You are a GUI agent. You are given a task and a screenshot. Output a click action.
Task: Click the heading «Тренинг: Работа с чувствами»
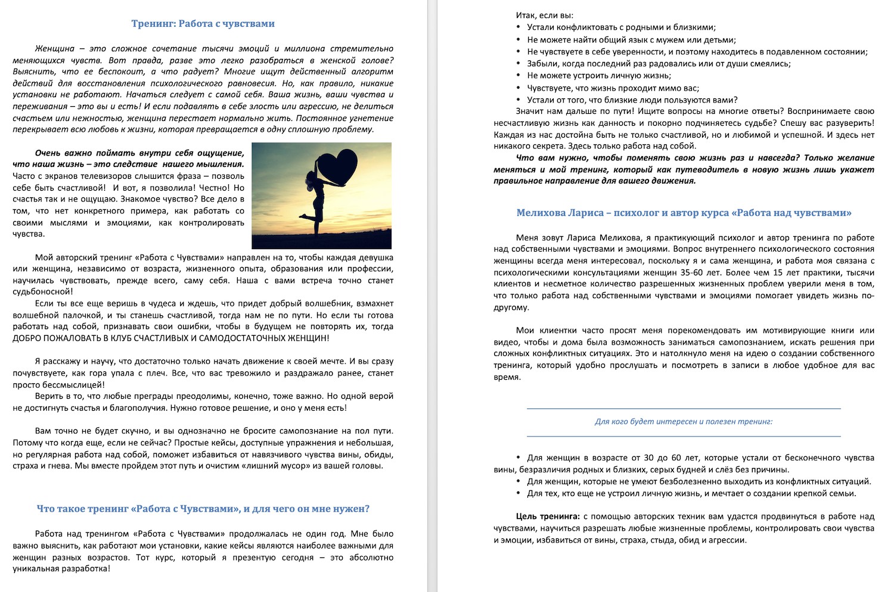pyautogui.click(x=203, y=24)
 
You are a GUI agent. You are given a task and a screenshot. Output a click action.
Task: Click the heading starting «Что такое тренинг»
pyautogui.click(x=203, y=509)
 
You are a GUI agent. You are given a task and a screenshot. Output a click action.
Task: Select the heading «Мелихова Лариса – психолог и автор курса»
pyautogui.click(x=684, y=213)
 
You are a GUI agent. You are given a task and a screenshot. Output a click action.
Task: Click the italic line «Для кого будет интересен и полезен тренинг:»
pyautogui.click(x=683, y=421)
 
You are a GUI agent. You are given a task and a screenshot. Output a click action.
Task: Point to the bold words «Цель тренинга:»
pyautogui.click(x=548, y=517)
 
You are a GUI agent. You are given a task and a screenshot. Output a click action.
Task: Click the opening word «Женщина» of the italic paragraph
pyautogui.click(x=54, y=49)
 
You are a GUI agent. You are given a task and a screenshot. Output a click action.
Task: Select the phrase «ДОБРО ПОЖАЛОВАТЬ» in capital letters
pyautogui.click(x=54, y=339)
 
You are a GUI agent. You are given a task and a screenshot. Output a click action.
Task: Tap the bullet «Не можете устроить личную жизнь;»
pyautogui.click(x=599, y=76)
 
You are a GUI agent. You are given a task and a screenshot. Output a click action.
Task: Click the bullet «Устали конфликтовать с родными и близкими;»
pyautogui.click(x=621, y=27)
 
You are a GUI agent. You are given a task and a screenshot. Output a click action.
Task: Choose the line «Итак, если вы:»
pyautogui.click(x=544, y=16)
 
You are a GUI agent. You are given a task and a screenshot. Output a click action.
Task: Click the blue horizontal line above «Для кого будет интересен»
pyautogui.click(x=683, y=408)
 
